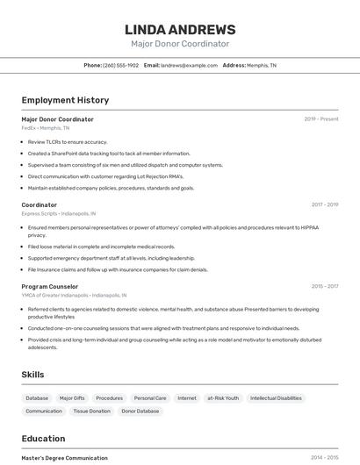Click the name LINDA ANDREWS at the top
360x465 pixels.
pos(179,30)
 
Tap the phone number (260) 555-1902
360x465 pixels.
pos(120,65)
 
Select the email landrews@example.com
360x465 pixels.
pos(188,65)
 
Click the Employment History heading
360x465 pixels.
pos(65,100)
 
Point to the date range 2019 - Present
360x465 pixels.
pos(320,118)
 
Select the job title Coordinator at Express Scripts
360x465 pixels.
pos(40,204)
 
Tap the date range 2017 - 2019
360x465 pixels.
pos(324,204)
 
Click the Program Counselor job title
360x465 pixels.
pos(50,286)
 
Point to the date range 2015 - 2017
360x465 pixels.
pos(324,286)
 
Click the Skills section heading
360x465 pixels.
pos(33,375)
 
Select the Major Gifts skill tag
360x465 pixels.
pos(72,398)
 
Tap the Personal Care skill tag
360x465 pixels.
pos(149,398)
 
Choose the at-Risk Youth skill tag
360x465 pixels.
pos(223,398)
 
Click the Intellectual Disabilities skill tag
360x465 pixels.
pos(276,398)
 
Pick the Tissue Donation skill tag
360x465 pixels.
pos(91,411)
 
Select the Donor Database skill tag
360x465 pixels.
pos(140,411)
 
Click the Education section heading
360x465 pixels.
pos(44,439)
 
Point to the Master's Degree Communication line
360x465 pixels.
pos(65,458)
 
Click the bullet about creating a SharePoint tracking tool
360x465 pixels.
pos(109,153)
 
